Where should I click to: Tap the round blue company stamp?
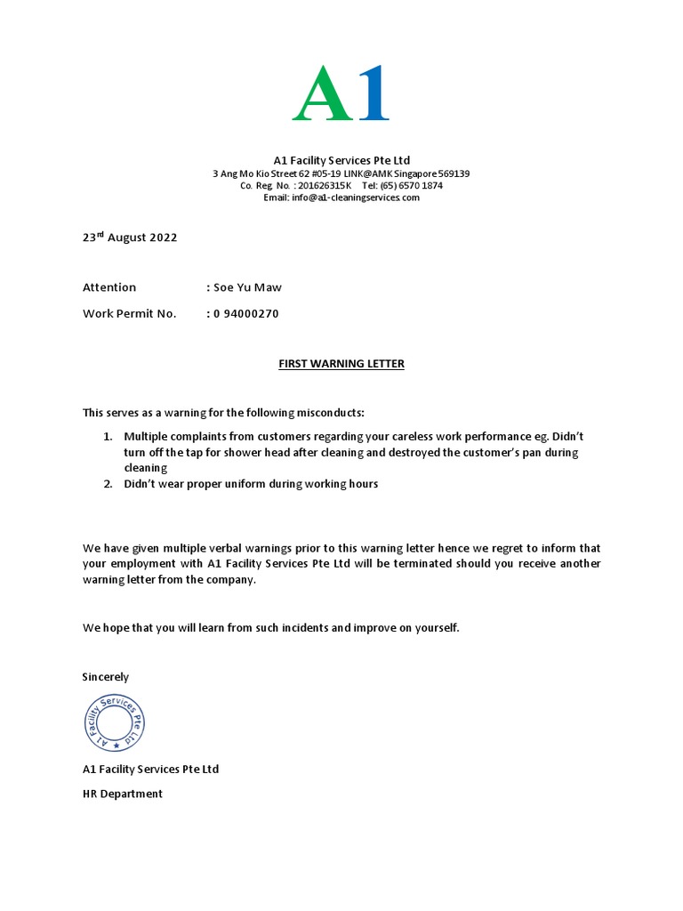point(114,722)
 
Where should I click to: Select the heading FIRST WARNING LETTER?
point(341,364)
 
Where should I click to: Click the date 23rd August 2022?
point(130,238)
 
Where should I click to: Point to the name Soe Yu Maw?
point(247,287)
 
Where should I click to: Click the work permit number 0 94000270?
point(246,313)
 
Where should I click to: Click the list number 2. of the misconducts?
point(107,484)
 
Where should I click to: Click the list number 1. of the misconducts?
point(107,437)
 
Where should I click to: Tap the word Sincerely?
point(106,677)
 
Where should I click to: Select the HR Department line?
point(123,794)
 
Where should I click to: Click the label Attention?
point(109,287)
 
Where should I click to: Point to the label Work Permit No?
point(130,313)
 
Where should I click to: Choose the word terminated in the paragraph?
point(354,563)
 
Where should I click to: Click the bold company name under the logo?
point(341,160)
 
